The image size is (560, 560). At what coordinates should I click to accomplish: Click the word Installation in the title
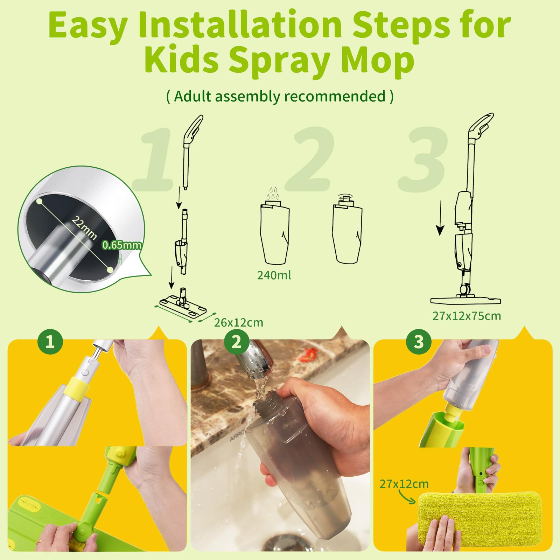point(240,24)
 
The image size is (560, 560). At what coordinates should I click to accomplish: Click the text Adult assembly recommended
point(280,96)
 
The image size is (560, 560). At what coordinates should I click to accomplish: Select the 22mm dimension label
point(84,227)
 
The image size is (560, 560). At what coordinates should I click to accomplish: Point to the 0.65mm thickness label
point(122,245)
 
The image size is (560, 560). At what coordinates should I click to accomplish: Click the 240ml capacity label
point(274,275)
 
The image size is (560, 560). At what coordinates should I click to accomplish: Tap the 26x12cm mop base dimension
point(238,322)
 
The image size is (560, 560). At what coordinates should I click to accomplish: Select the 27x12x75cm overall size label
point(467,316)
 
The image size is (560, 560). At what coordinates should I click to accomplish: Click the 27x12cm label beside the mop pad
point(404,484)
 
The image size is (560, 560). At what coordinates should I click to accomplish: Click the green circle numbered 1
point(50,341)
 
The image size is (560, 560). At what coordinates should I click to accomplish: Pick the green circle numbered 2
point(237,341)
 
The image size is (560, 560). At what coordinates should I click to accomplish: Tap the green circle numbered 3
point(419,341)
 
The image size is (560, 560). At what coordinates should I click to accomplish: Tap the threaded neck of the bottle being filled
point(265,409)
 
